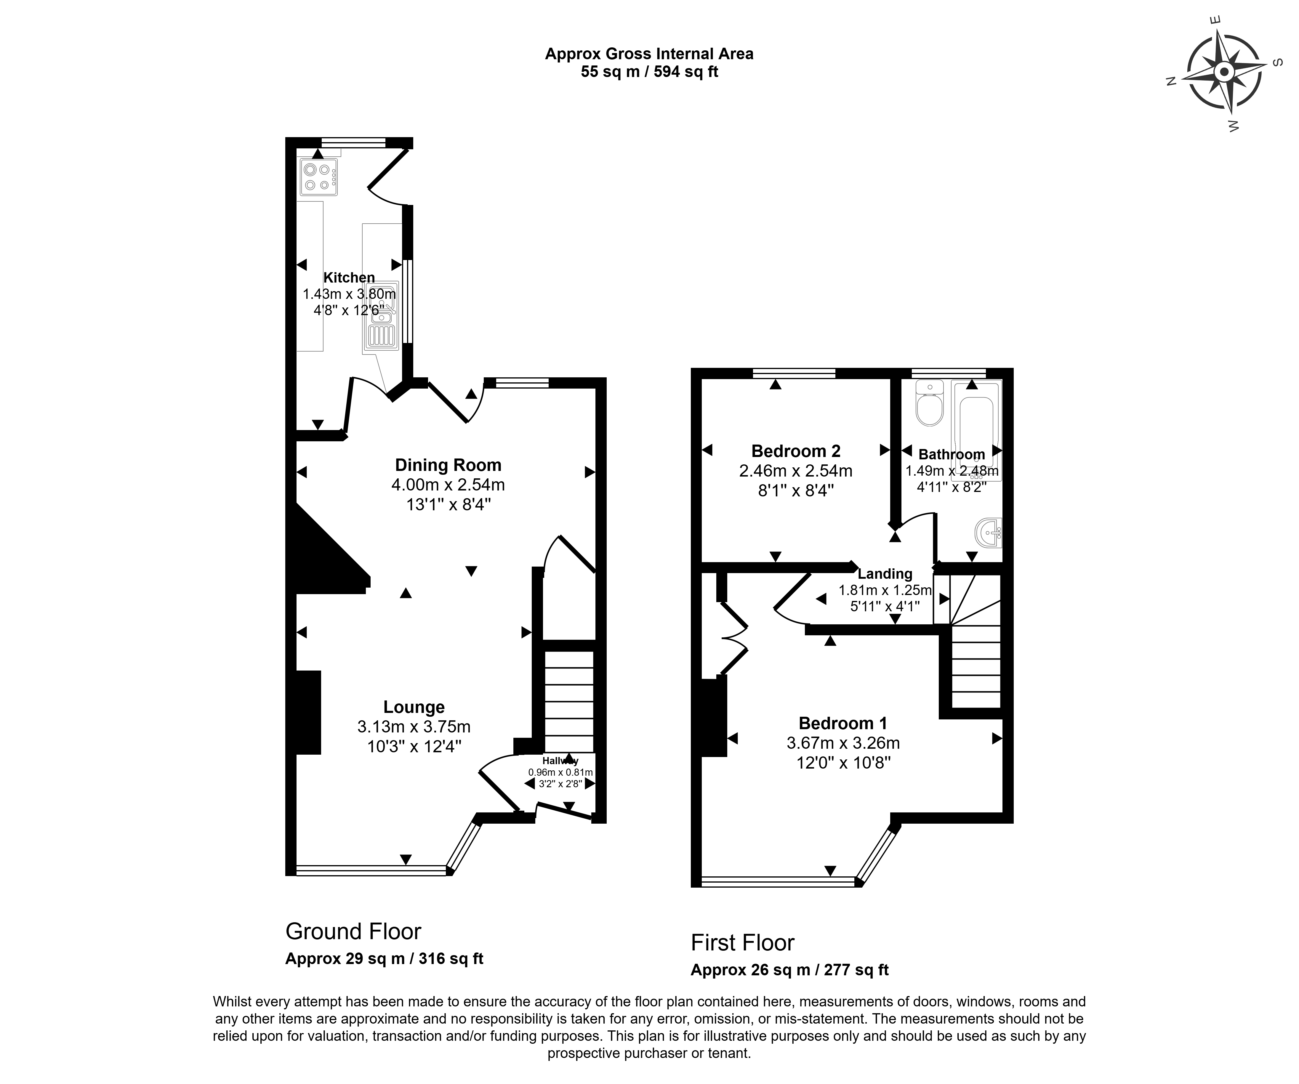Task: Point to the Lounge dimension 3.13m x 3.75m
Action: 414,727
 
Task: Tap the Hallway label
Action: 560,761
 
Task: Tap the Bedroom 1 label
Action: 842,723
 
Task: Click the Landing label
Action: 885,574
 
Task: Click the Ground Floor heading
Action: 353,931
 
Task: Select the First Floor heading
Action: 742,942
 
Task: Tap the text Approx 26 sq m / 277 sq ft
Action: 789,970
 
